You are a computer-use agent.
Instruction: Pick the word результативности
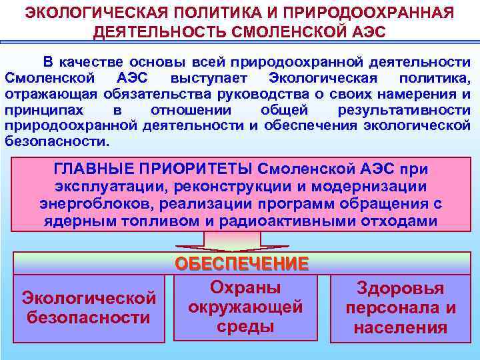coord(404,110)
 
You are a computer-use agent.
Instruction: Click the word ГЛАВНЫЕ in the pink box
coord(92,171)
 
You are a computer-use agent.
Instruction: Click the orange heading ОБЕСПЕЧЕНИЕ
coord(242,263)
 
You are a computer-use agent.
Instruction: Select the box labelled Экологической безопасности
coord(89,307)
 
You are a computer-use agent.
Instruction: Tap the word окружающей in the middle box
coord(245,307)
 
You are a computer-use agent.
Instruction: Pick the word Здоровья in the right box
coord(400,289)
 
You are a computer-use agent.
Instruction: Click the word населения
coord(400,327)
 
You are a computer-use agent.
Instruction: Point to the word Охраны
coord(245,287)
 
